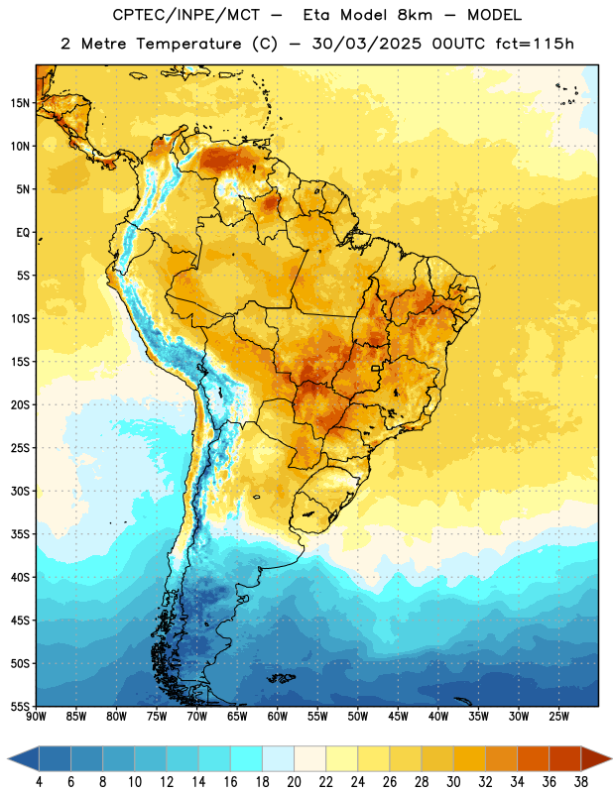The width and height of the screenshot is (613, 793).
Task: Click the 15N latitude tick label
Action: point(20,103)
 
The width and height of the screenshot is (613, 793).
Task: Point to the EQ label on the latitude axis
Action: point(23,233)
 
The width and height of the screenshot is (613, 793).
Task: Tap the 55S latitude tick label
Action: point(20,706)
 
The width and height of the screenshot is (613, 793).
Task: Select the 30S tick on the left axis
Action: point(20,491)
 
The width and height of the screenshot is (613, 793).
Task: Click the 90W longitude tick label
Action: point(37,717)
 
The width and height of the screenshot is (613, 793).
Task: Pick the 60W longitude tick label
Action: point(278,717)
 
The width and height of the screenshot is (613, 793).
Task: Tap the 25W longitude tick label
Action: point(558,717)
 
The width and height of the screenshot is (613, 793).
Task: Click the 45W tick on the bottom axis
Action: point(398,717)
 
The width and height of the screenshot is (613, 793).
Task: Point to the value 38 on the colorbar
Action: point(580,782)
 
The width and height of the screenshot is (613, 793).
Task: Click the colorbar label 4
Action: point(39,782)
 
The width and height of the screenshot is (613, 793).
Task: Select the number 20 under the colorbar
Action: point(294,782)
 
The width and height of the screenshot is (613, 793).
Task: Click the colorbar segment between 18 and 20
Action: point(278,759)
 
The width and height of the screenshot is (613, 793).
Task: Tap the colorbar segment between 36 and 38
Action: point(565,759)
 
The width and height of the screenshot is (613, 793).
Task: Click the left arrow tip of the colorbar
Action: point(8,759)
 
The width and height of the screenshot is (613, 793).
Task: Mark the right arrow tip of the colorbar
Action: point(612,759)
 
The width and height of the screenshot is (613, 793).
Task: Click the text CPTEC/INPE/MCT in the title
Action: point(186,15)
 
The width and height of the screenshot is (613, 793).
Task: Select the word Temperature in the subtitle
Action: point(188,44)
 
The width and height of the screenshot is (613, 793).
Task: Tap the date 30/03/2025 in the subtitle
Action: point(366,44)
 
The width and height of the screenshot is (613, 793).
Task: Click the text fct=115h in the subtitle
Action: point(535,44)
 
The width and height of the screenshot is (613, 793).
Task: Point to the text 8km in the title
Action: point(415,15)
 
